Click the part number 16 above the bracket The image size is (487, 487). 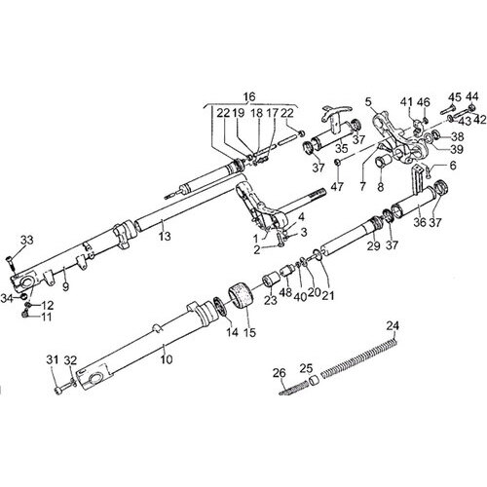pyautogui.click(x=249, y=96)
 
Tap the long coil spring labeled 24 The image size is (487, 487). pyautogui.click(x=358, y=357)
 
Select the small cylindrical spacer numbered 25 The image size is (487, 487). pyautogui.click(x=314, y=380)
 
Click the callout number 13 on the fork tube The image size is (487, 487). pyautogui.click(x=165, y=236)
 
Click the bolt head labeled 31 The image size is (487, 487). pyautogui.click(x=58, y=390)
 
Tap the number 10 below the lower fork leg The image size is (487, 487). pyautogui.click(x=167, y=359)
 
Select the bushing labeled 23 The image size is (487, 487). pyautogui.click(x=272, y=281)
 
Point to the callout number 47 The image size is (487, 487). pyautogui.click(x=338, y=186)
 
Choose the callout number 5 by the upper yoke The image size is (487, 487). pyautogui.click(x=367, y=102)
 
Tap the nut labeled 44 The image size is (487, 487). pyautogui.click(x=472, y=107)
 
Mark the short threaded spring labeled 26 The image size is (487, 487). pyautogui.click(x=293, y=389)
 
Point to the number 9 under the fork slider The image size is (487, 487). pyautogui.click(x=65, y=286)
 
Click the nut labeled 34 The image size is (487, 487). pyautogui.click(x=23, y=296)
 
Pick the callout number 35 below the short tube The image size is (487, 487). pyautogui.click(x=342, y=148)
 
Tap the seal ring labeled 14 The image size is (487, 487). pyautogui.click(x=221, y=307)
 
